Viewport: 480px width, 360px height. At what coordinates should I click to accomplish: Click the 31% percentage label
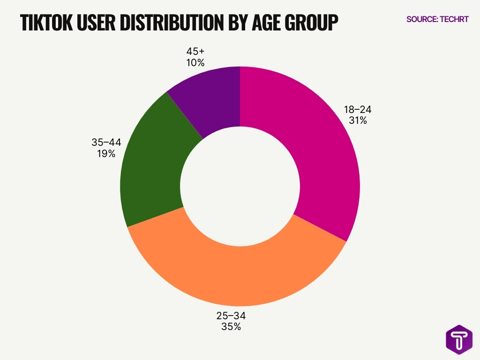(357, 120)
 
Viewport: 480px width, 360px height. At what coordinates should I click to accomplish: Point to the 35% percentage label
(231, 327)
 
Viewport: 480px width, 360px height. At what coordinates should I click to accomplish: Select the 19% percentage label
(103, 153)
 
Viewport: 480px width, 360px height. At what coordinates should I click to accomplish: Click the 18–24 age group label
(358, 110)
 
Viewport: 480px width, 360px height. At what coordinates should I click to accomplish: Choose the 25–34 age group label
(231, 315)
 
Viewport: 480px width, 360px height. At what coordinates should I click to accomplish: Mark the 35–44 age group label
(103, 142)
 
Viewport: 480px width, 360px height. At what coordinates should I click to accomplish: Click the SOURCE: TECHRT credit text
(437, 19)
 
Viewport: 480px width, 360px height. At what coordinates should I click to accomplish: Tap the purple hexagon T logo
(459, 339)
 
